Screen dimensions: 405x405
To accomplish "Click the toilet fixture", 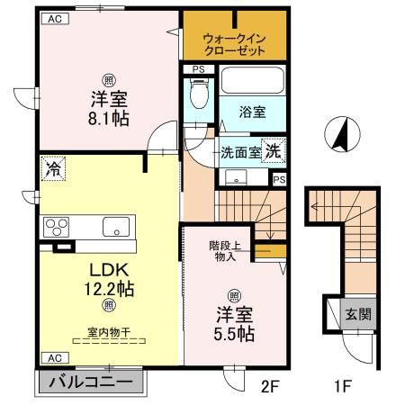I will pos(199,94).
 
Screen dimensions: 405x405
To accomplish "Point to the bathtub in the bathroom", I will pos(255,81).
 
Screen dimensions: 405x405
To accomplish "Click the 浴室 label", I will pos(253,112).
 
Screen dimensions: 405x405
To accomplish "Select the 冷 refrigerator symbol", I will pos(28,168).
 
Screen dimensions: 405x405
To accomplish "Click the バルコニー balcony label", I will pos(90,382).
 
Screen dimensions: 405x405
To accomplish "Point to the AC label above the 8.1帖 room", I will pos(55,17).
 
